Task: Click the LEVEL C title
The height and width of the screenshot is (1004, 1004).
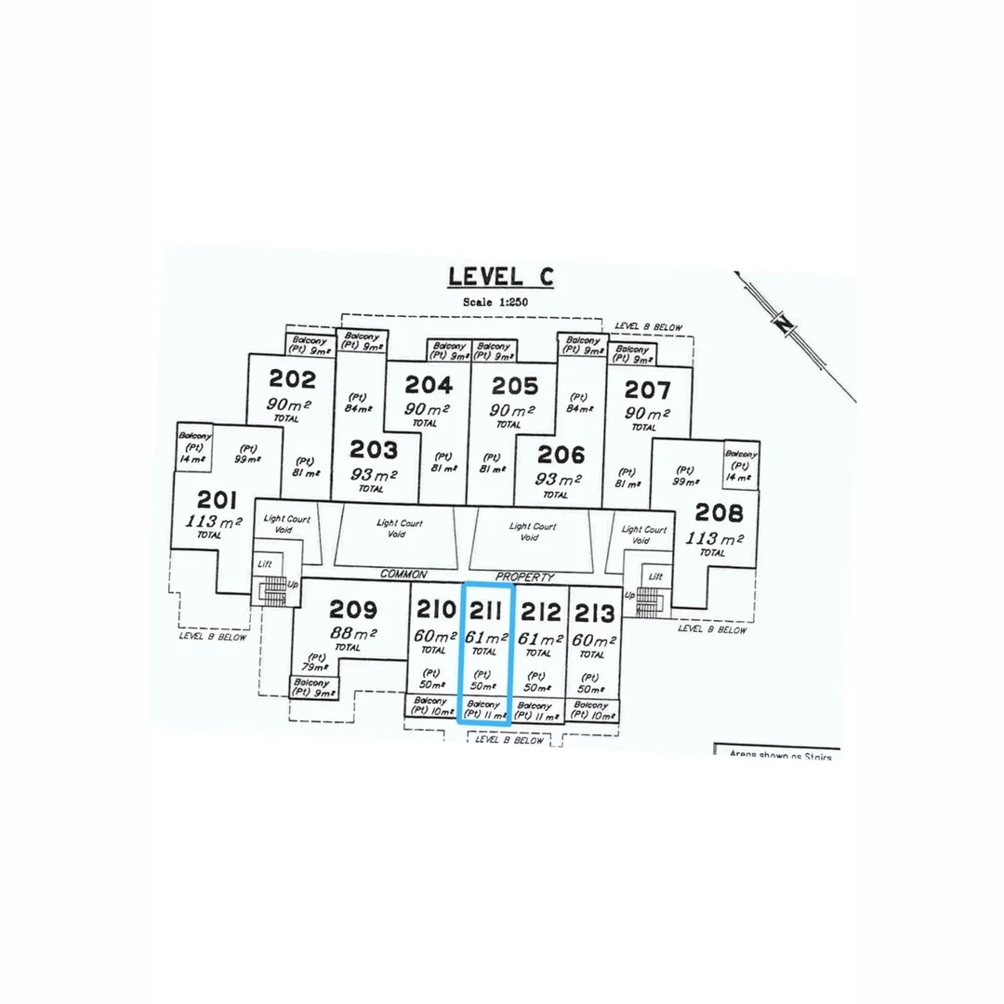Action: pos(500,276)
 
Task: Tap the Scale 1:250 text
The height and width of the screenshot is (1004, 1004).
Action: pos(500,302)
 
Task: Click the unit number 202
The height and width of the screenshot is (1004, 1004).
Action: pos(292,379)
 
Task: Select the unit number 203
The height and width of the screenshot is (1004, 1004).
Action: pos(374,451)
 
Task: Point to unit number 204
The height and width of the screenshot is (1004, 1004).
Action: pos(429,385)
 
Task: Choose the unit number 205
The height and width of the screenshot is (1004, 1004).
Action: pos(514,385)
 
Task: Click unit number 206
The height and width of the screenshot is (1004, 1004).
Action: pos(561,455)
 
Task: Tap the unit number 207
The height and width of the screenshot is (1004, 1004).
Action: pos(647,389)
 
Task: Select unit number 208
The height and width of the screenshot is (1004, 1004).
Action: pos(719,512)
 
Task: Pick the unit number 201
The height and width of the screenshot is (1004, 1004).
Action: pos(211,498)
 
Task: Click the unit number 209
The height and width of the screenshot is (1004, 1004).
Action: pos(353,610)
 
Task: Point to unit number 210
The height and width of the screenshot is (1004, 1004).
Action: pos(436,611)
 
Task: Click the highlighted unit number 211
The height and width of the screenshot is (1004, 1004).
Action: pos(487,611)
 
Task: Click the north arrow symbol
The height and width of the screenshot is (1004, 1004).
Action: pos(786,323)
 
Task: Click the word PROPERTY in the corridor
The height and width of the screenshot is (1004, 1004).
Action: pos(525,576)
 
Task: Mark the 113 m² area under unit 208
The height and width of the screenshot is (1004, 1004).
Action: pos(715,538)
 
